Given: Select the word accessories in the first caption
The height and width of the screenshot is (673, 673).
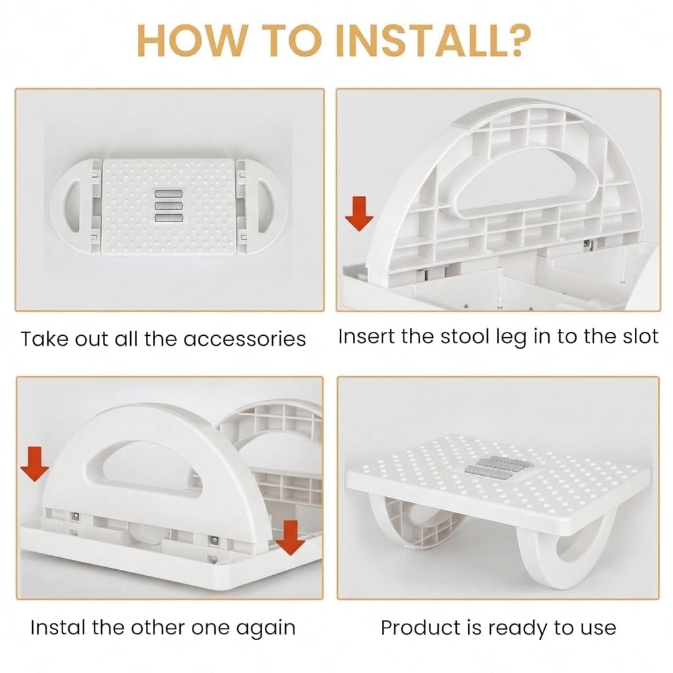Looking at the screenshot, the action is pos(244,339).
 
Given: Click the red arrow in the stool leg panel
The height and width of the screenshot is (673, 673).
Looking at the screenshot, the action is pos(360,214).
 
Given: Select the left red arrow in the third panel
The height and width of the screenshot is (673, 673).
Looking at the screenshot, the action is pos(35,464).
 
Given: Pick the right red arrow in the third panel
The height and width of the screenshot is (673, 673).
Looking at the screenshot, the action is pos(290,538).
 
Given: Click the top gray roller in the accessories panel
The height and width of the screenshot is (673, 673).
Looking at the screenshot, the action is pos(169,194).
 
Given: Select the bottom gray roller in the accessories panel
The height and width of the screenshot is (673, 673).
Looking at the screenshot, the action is pos(169,218).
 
